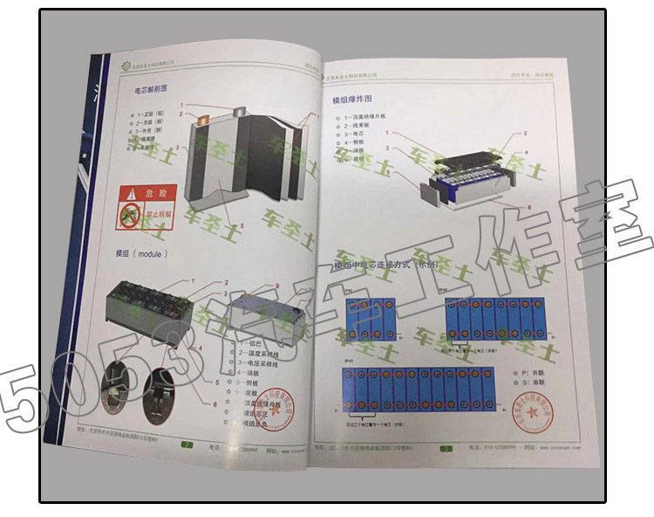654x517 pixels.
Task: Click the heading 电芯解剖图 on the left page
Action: (x=149, y=89)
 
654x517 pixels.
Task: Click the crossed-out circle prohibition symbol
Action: (x=131, y=216)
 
